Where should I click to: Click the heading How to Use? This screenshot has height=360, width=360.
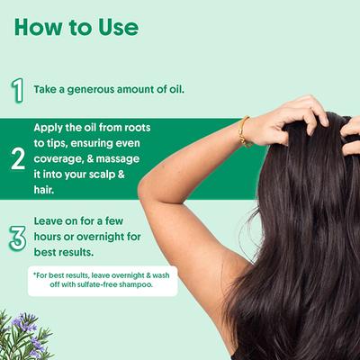(x=76, y=27)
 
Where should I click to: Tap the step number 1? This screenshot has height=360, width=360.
(x=17, y=89)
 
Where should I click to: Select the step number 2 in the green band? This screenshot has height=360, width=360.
(x=17, y=160)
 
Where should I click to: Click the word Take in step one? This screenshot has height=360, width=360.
(x=47, y=90)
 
